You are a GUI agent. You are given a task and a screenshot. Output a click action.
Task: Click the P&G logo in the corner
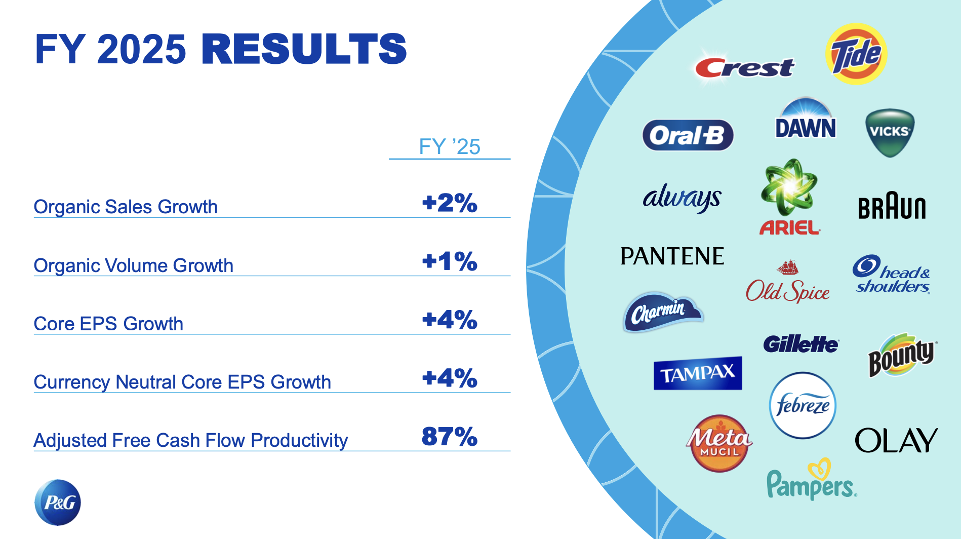tap(58, 502)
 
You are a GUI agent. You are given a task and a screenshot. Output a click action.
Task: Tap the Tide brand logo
tap(856, 54)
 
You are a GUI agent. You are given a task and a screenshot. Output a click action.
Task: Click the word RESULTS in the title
tap(304, 50)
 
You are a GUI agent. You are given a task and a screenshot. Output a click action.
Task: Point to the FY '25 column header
tap(449, 147)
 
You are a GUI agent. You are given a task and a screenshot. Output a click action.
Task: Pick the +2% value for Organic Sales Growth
tap(449, 203)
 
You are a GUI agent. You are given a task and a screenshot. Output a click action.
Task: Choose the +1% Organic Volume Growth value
tap(449, 261)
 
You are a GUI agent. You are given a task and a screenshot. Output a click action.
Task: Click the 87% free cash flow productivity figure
tap(449, 437)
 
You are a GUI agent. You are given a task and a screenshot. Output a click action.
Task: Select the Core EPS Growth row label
tap(108, 324)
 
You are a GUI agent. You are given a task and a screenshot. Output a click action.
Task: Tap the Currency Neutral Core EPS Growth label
tap(182, 382)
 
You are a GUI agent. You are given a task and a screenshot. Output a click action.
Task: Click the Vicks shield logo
tap(890, 132)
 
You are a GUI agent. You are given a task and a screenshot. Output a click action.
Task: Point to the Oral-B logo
tap(688, 135)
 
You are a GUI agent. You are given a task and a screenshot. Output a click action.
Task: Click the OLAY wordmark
tap(896, 440)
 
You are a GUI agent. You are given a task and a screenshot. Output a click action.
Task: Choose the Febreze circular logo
tap(803, 405)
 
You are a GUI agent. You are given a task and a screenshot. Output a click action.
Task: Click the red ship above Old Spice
tap(788, 267)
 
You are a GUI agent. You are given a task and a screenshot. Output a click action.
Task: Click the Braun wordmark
tap(892, 207)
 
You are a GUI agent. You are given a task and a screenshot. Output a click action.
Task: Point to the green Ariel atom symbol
tap(788, 188)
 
